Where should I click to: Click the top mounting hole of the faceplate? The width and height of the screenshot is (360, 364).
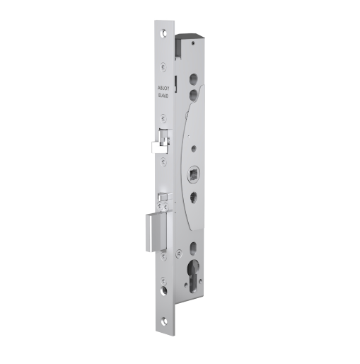[166, 33]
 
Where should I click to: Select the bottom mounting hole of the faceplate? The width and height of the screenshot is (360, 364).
[163, 291]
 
